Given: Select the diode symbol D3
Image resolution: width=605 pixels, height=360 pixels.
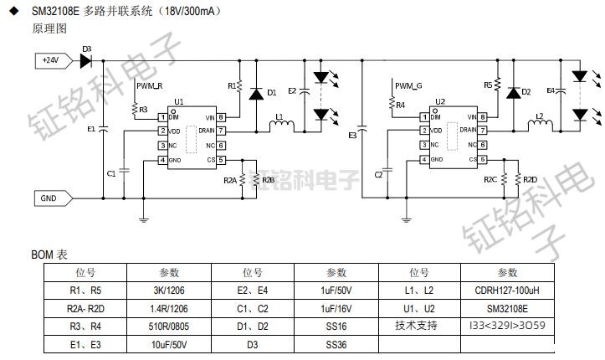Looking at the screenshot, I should tap(85, 60).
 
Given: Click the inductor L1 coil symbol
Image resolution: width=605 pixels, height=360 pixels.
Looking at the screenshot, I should tap(280, 126).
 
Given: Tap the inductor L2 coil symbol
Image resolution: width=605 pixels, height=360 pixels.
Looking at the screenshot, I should tap(540, 126).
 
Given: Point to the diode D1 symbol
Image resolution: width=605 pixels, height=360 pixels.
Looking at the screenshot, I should tap(256, 92).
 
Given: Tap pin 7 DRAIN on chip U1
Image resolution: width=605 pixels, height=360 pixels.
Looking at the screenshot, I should tap(222, 131).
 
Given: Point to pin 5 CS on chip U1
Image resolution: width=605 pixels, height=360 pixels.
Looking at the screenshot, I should tap(222, 159).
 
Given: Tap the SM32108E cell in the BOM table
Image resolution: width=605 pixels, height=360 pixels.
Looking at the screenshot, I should tap(507, 308).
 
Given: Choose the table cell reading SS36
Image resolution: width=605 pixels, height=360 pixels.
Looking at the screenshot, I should tap(336, 344).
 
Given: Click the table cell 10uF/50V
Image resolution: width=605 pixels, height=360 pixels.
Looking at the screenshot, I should tap(169, 344).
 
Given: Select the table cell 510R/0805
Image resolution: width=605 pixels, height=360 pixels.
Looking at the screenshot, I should tap(169, 326).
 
